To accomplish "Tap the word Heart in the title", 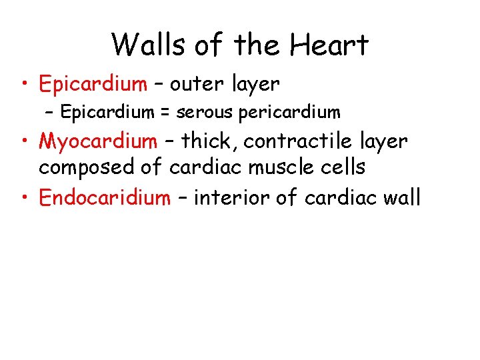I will tap(330, 45).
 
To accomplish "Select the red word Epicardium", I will tap(93, 84).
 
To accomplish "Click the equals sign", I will tap(164, 113).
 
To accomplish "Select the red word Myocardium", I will tap(98, 141).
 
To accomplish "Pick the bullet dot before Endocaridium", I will tap(25, 198).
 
